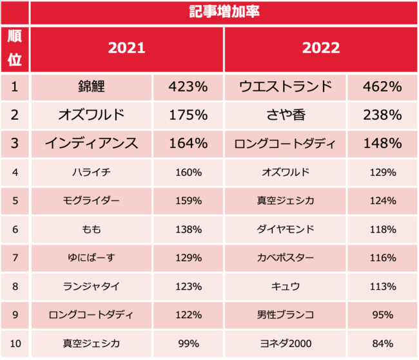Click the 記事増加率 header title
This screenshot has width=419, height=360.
click(224, 12)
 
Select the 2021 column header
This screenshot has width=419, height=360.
click(126, 48)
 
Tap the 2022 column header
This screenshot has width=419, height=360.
click(320, 48)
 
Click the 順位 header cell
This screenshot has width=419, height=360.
click(15, 48)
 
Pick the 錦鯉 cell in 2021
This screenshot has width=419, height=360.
click(91, 86)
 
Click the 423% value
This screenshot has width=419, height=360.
click(188, 86)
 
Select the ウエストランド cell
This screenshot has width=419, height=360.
click(286, 86)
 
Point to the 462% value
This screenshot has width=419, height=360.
click(383, 86)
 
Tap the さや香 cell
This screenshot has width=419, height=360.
click(286, 115)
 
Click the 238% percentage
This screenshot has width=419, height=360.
click(383, 115)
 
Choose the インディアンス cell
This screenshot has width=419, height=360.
click(91, 143)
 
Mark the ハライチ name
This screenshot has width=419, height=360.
click(91, 172)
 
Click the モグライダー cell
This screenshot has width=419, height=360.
click(91, 200)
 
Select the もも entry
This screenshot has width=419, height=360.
click(91, 229)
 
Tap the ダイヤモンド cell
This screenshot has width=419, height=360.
click(286, 229)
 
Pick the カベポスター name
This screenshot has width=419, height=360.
click(286, 258)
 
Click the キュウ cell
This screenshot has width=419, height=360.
click(286, 286)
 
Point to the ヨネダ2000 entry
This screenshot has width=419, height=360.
click(286, 343)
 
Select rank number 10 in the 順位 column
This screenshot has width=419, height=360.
click(15, 343)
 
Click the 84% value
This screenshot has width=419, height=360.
click(383, 343)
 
